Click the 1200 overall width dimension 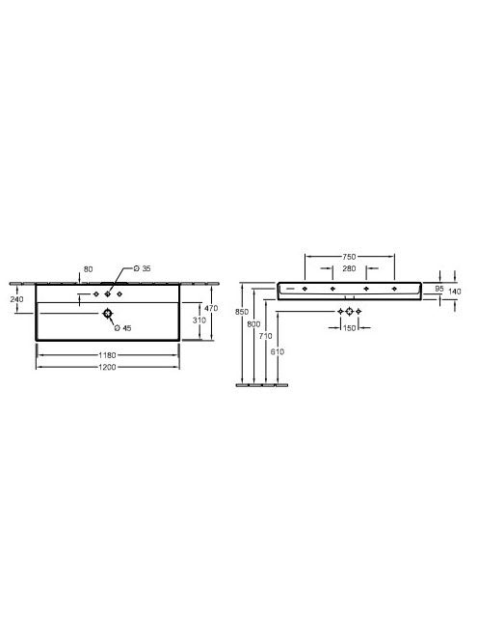pyautogui.click(x=107, y=367)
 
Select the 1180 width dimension pyautogui.click(x=107, y=355)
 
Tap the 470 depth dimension pyautogui.click(x=211, y=308)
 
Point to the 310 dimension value pyautogui.click(x=199, y=320)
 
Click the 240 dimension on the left pyautogui.click(x=16, y=299)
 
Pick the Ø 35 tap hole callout pyautogui.click(x=143, y=268)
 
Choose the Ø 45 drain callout pyautogui.click(x=122, y=328)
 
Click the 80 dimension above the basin pyautogui.click(x=88, y=269)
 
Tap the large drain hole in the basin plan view pyautogui.click(x=108, y=314)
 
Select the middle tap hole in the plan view pyautogui.click(x=108, y=293)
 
